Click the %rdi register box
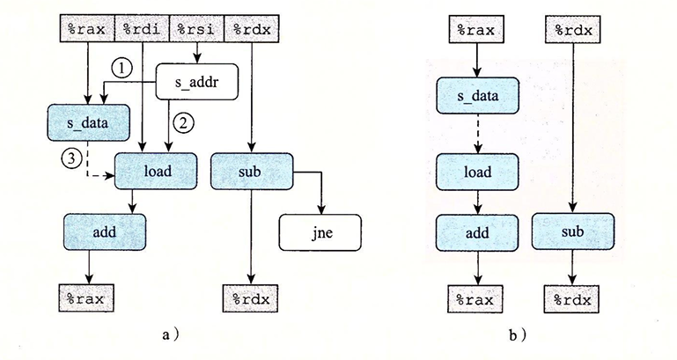142,29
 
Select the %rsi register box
196,29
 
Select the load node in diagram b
475,171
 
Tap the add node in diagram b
475,232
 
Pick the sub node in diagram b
573,232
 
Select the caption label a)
173,334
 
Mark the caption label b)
518,334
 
